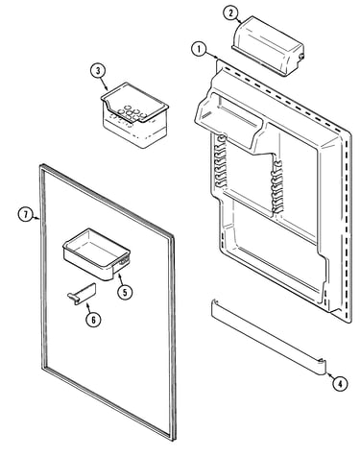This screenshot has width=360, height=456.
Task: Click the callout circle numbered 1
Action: coord(199,50)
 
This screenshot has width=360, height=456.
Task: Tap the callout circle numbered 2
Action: coord(231,13)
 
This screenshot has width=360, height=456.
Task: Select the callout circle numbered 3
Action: coord(98,71)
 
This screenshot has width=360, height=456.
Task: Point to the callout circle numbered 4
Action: coord(340,383)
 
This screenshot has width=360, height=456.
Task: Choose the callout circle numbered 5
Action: coord(125,292)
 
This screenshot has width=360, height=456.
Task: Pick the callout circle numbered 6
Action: coord(93,319)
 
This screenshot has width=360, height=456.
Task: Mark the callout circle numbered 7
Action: coord(26,214)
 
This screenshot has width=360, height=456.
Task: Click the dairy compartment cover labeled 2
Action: coord(268,46)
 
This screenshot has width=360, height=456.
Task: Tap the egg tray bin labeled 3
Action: coord(134,115)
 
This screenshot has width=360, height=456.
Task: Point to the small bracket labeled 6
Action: coord(82,294)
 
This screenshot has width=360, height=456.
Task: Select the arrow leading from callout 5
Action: coord(120,278)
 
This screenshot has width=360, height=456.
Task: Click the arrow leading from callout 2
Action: coord(240,21)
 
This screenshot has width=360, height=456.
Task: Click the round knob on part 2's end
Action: coord(301,57)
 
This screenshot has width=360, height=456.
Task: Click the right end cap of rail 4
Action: coord(321,367)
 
